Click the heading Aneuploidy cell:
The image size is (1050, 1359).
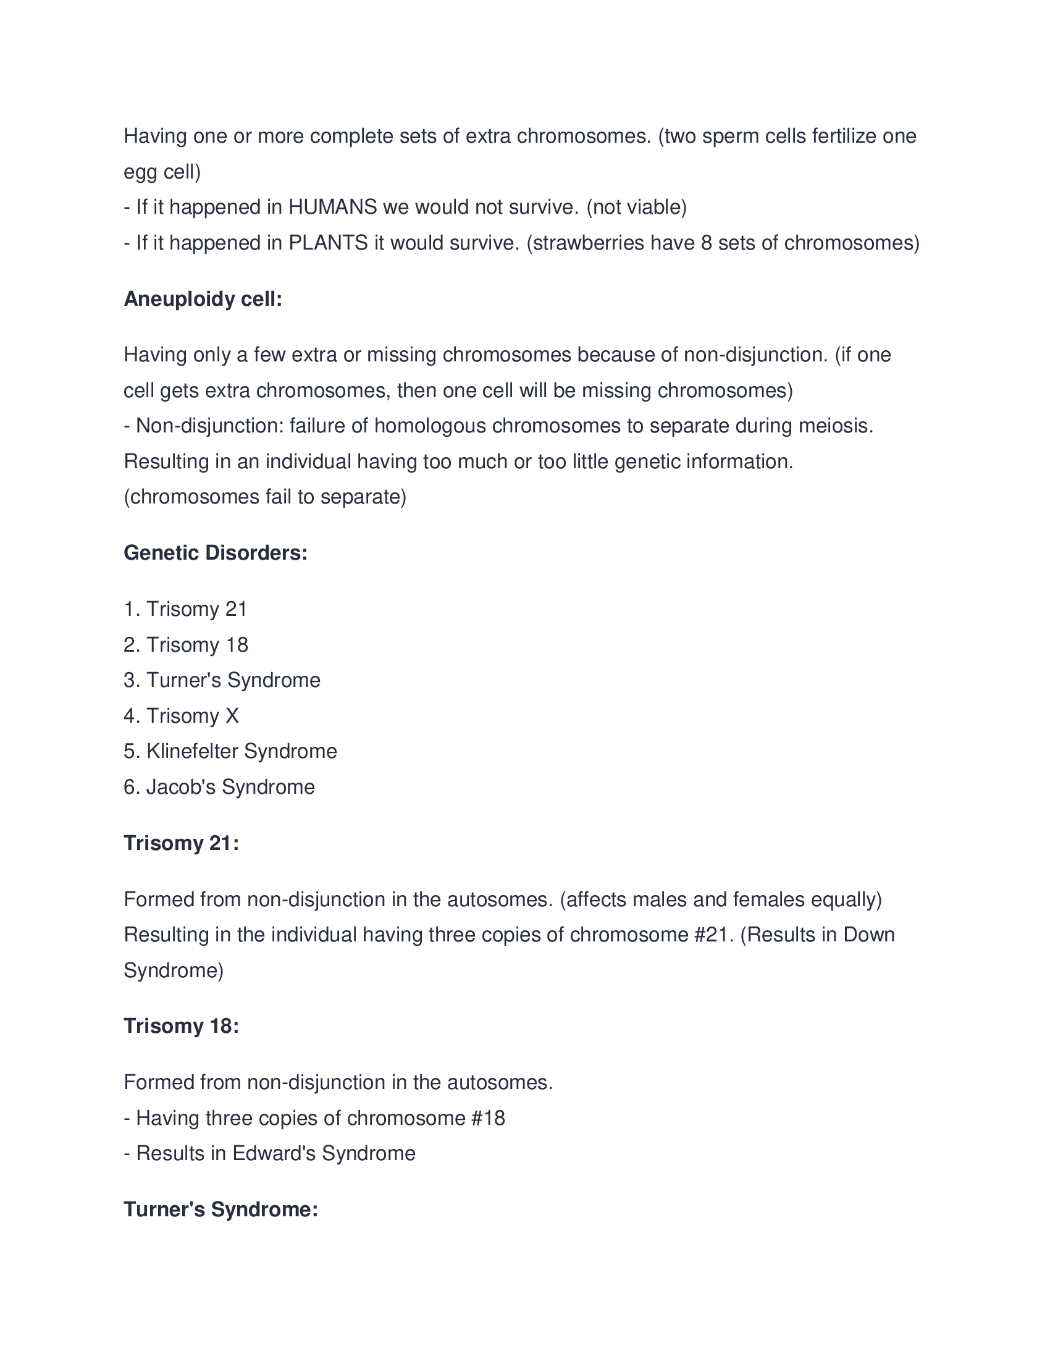pos(203,300)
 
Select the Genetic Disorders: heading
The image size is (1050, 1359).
pos(215,553)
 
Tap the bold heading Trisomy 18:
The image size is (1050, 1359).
pos(181,1026)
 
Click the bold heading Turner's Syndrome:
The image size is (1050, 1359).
pos(221,1210)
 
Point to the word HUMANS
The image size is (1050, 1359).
pos(332,207)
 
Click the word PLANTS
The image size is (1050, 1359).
pos(329,243)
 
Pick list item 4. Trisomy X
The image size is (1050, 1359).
pos(181,716)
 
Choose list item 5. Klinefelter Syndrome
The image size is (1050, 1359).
pos(230,752)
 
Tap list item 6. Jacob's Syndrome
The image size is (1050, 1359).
pos(219,787)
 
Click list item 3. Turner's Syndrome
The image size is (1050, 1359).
pos(222,680)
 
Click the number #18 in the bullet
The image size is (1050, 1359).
pos(488,1118)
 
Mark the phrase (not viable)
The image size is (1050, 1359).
pos(636,207)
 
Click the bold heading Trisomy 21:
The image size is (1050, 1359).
pos(181,843)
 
